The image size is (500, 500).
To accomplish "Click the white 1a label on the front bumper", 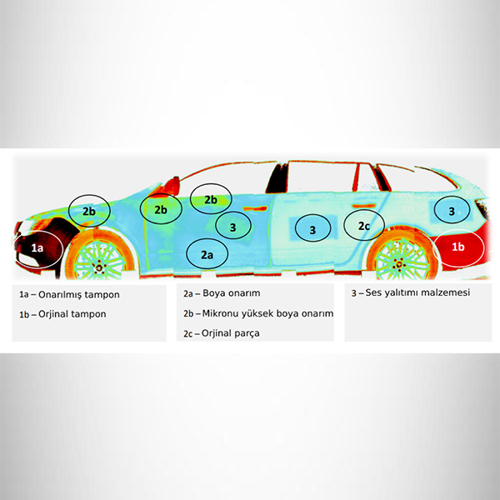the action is pyautogui.click(x=37, y=247).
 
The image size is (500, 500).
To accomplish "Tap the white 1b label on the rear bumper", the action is pyautogui.click(x=457, y=247).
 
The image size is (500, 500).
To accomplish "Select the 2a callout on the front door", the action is pyautogui.click(x=207, y=254).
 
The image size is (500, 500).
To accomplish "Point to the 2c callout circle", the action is pyautogui.click(x=364, y=226).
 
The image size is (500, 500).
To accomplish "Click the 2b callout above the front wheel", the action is pyautogui.click(x=89, y=211).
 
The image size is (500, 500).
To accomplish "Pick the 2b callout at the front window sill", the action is pyautogui.click(x=211, y=199).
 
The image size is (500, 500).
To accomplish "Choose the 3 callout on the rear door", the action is pyautogui.click(x=312, y=228).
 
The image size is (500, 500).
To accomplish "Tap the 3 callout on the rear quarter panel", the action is pyautogui.click(x=452, y=210).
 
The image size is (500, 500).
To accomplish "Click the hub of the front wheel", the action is pyautogui.click(x=99, y=267).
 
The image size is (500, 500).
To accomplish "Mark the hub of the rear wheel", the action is pyautogui.click(x=398, y=264).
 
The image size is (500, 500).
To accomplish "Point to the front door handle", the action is pyautogui.click(x=255, y=208).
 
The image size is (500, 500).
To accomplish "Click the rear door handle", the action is pyautogui.click(x=363, y=207).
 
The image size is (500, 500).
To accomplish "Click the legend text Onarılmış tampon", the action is pyautogui.click(x=79, y=295).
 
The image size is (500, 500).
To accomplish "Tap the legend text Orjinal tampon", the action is pyautogui.click(x=72, y=314).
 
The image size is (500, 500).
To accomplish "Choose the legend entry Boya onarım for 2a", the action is pyautogui.click(x=231, y=293).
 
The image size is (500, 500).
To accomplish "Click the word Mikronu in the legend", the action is pyautogui.click(x=220, y=313).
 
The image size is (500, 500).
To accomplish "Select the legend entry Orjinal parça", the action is pyautogui.click(x=231, y=333).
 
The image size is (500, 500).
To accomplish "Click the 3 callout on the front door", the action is pyautogui.click(x=233, y=226).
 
